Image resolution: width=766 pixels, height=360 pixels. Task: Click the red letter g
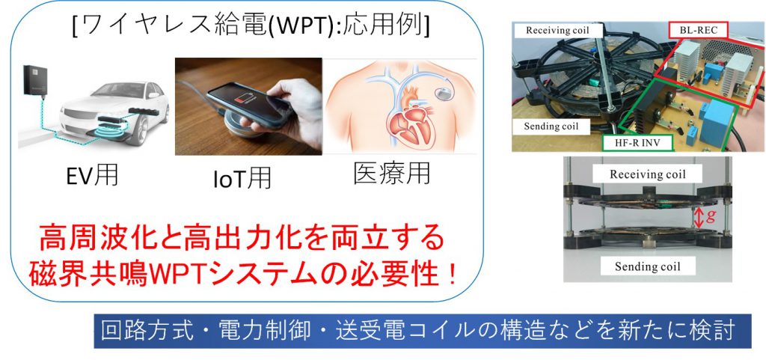(x=711, y=216)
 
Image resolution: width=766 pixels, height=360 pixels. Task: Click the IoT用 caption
(x=242, y=177)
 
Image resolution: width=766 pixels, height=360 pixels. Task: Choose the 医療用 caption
(x=392, y=173)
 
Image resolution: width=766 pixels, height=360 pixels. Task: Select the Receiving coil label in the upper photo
(x=557, y=30)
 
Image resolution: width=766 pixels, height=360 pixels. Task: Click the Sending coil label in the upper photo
(x=551, y=126)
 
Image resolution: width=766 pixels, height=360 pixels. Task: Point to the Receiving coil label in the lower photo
(x=648, y=174)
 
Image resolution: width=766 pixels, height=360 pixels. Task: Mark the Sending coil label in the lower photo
(x=647, y=266)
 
